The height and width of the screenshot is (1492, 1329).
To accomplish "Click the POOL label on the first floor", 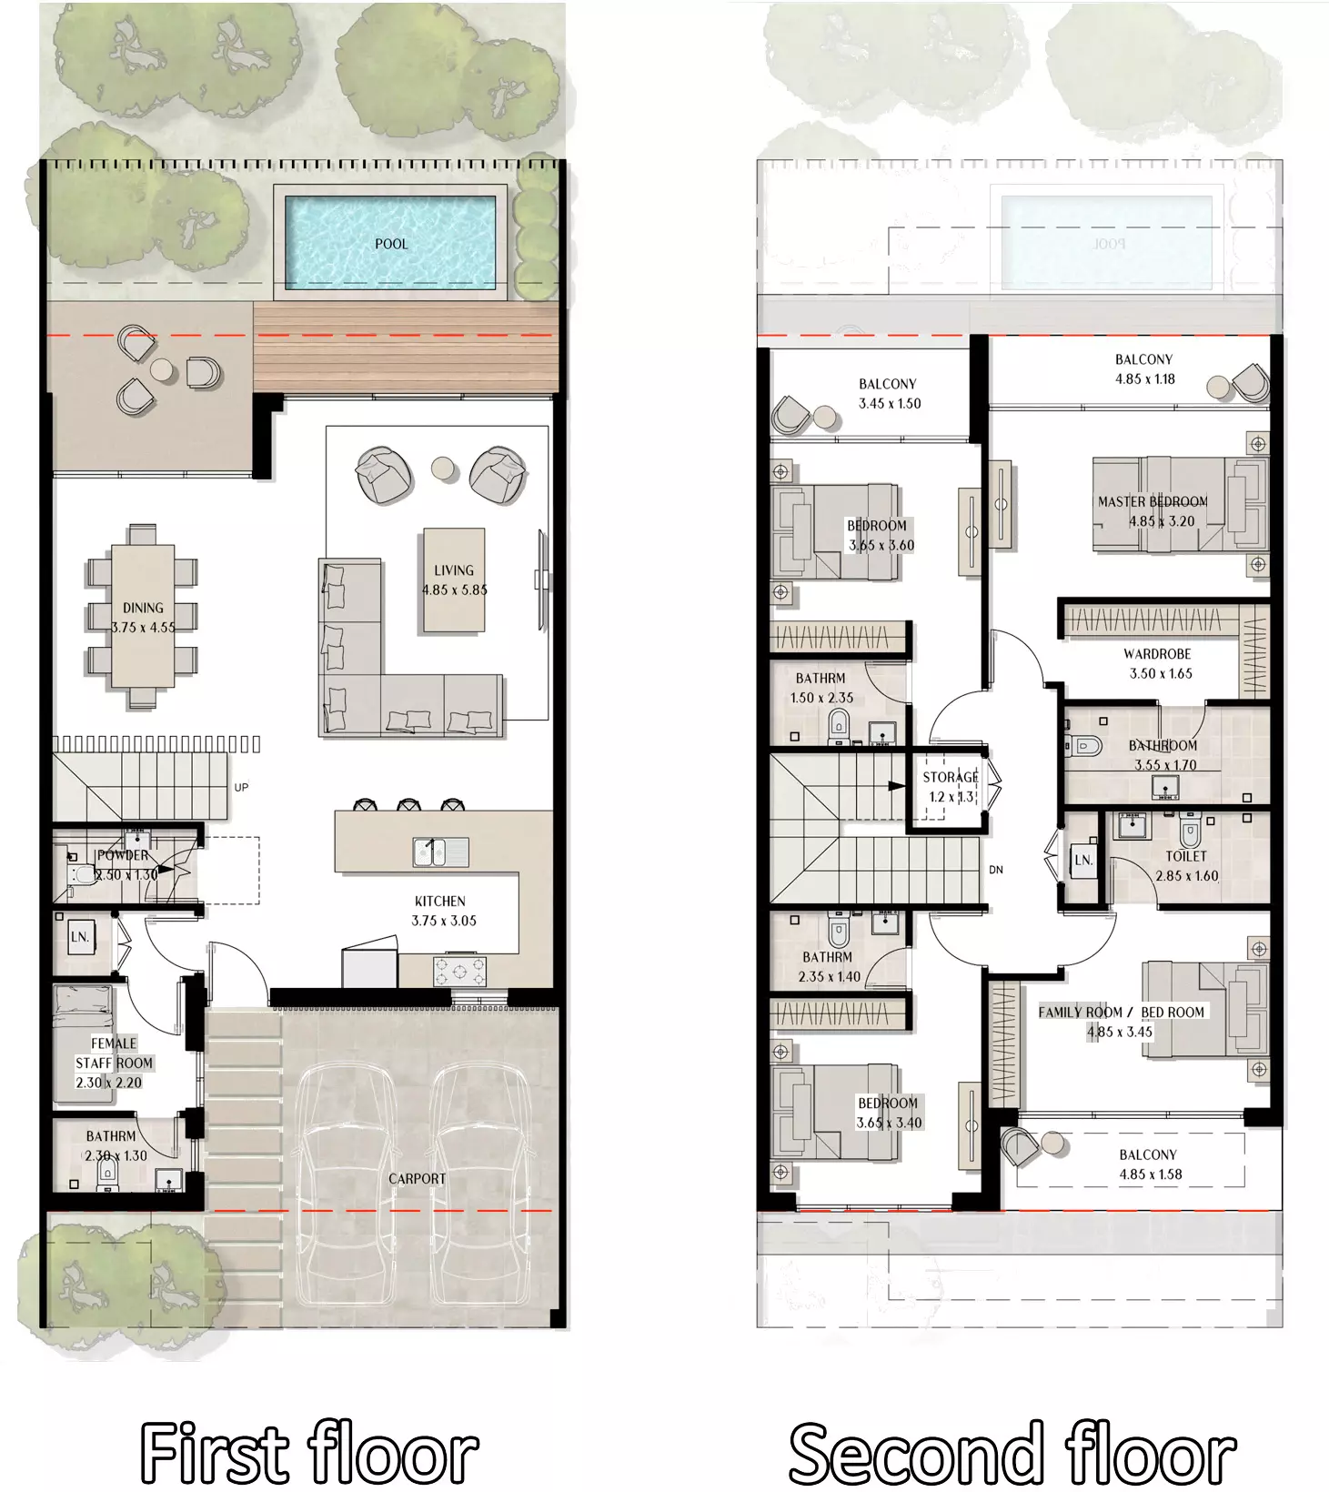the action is tap(391, 244).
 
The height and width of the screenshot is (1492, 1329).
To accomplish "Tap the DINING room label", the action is tap(143, 608).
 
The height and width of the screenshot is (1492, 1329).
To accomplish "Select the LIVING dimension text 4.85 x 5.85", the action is tap(454, 590).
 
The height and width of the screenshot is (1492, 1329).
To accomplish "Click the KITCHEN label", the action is tap(440, 901).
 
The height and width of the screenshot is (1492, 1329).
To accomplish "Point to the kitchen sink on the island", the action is tap(441, 852).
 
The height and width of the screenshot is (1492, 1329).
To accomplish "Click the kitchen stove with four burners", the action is tap(459, 971).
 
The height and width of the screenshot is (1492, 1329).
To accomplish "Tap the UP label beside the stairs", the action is tap(241, 787).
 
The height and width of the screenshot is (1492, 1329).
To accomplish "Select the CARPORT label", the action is tap(418, 1178).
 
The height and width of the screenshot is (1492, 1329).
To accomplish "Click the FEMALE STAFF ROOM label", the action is tap(114, 1053).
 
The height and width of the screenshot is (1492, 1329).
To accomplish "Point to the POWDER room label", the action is tap(123, 855).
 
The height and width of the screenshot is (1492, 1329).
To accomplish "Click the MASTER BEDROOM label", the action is tap(1153, 501).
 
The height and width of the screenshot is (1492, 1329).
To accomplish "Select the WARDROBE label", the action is tap(1157, 654).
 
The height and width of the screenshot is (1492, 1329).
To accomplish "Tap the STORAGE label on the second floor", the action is tap(951, 777).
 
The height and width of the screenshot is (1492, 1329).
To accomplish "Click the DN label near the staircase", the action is tap(996, 870).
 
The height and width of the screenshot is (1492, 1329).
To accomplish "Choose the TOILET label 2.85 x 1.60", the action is tap(1186, 866).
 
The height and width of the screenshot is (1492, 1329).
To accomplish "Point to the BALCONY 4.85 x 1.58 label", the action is tap(1149, 1164).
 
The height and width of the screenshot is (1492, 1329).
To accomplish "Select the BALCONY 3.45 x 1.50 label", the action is tap(889, 394).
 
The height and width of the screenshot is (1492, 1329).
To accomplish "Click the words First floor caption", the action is tap(309, 1453).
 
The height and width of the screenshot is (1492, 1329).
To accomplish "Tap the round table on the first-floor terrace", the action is tap(162, 370).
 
